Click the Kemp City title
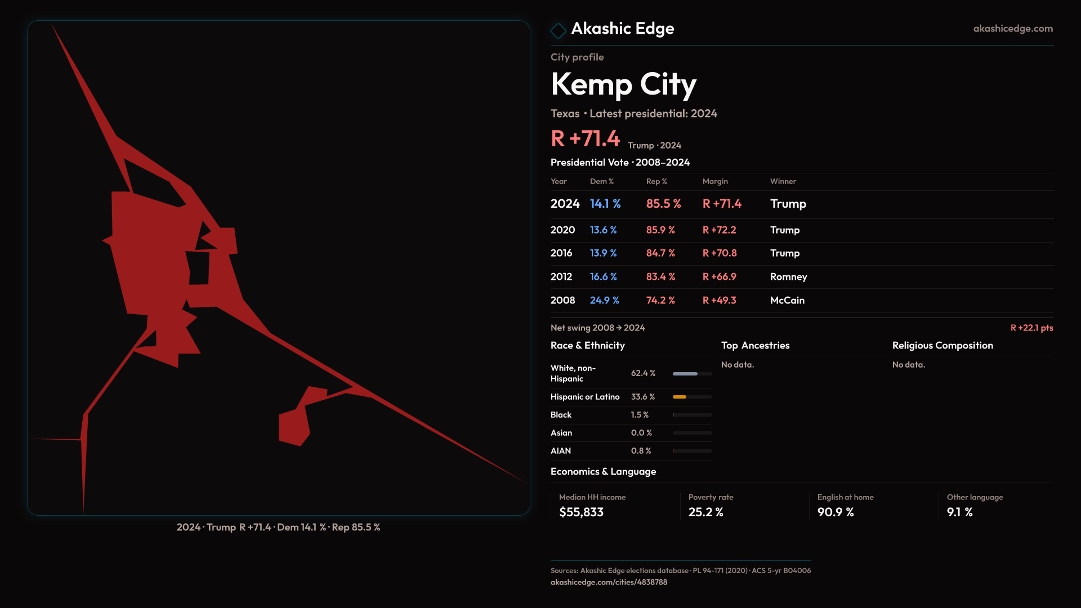pos(623,84)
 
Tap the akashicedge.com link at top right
pos(1012,29)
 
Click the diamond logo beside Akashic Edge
pos(558,30)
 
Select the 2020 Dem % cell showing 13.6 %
pos(603,230)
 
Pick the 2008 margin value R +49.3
pos(719,301)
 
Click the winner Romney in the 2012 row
pos(788,277)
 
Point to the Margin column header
pos(715,181)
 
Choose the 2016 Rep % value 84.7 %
pos(660,253)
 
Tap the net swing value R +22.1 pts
pos(1031,328)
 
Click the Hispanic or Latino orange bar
pos(680,397)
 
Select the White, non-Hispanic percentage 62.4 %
pos(643,373)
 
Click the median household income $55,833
pos(581,512)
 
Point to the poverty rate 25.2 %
pos(705,512)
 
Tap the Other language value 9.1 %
pos(959,512)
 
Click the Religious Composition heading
pos(942,346)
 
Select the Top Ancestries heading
pos(755,346)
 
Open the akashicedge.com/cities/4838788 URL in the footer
pos(609,582)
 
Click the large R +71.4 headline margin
pos(585,138)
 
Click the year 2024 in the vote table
pos(565,204)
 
